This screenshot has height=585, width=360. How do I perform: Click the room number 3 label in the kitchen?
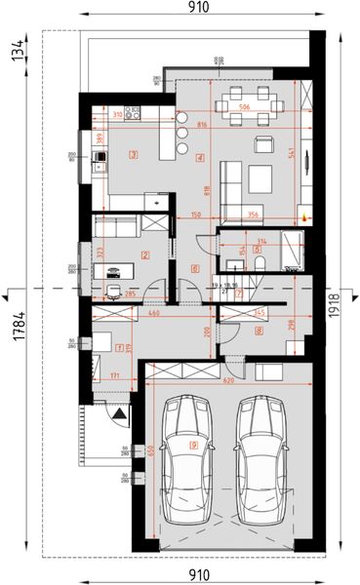point(133,153)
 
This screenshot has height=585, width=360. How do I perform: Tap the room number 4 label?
point(199,157)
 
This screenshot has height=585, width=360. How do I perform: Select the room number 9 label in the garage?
point(194,445)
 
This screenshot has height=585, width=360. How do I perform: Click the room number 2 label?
point(144,256)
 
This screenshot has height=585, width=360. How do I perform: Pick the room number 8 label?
point(258,331)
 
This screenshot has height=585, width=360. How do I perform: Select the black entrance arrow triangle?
point(118,413)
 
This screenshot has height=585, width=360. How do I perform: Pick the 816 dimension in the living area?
point(201,126)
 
